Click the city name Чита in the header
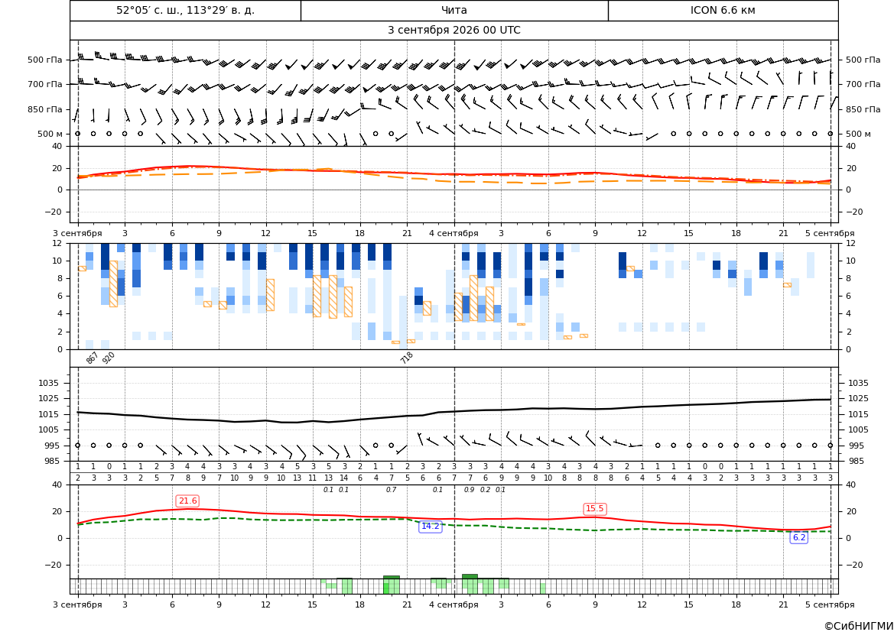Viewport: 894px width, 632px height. click(454, 10)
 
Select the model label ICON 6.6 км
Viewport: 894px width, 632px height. click(723, 10)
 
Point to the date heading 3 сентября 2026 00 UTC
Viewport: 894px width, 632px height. click(454, 31)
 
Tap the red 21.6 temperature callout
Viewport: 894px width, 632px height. click(187, 501)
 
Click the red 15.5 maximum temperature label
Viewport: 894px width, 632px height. click(595, 509)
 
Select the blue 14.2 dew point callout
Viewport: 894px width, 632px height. click(430, 526)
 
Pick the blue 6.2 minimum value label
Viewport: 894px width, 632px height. click(799, 537)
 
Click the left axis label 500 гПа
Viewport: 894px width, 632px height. click(44, 60)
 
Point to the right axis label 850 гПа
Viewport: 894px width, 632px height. click(863, 109)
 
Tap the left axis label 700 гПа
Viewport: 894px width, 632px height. click(44, 84)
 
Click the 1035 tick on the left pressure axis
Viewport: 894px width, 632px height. click(54, 383)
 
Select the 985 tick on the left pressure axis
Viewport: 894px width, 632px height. click(57, 461)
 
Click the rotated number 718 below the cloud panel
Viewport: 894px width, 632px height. click(407, 358)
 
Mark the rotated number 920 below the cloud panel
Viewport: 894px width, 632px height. click(109, 358)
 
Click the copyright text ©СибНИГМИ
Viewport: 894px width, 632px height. click(859, 626)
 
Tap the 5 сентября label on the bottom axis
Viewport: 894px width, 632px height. click(830, 604)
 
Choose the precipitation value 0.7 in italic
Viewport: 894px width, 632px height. click(391, 490)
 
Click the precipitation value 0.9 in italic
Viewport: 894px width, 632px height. click(470, 490)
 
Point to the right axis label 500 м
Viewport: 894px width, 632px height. click(858, 134)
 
